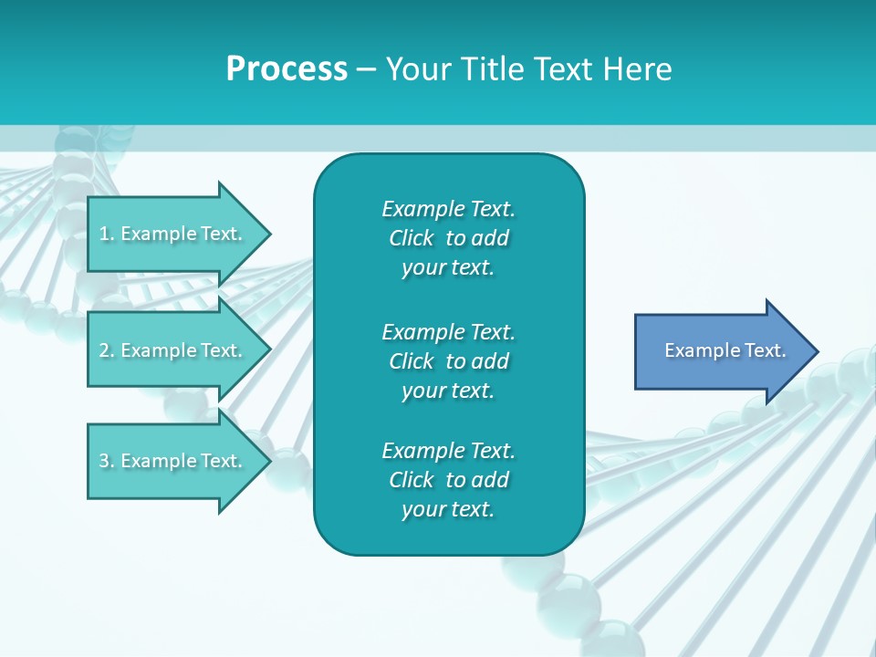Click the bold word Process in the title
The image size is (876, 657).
(x=287, y=69)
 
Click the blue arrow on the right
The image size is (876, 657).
(x=721, y=351)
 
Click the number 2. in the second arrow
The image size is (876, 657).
(x=106, y=350)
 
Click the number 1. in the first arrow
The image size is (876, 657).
(x=106, y=234)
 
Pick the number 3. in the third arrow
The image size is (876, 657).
(x=106, y=461)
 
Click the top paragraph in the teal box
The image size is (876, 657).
(x=448, y=238)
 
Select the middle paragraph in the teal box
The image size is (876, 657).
(x=448, y=361)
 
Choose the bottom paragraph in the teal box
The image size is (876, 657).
(x=448, y=480)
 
